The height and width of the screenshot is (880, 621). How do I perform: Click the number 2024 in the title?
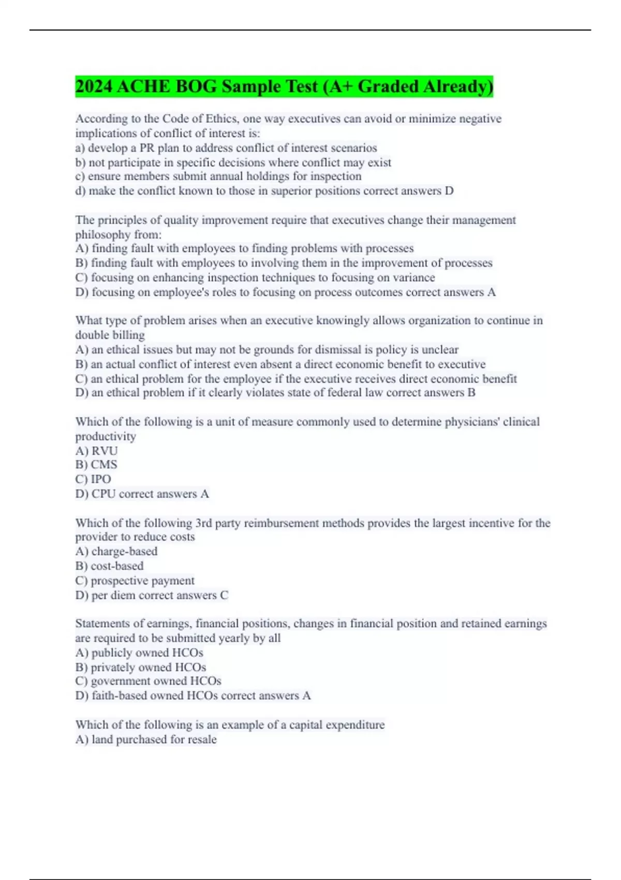[94, 86]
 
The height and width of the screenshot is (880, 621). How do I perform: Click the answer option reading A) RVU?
[97, 451]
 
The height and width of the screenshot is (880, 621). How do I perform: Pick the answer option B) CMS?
[96, 465]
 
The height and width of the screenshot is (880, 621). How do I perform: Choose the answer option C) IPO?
[93, 479]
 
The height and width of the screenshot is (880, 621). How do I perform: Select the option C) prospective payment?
[135, 581]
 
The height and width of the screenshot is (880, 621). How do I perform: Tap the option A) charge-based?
[116, 552]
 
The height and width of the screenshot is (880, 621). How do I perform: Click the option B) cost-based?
[109, 566]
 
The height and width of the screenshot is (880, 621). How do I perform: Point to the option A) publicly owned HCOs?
[139, 653]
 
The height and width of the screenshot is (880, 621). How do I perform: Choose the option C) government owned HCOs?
[149, 681]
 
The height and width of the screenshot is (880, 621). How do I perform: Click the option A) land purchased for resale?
[146, 740]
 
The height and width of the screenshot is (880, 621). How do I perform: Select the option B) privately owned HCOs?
[141, 667]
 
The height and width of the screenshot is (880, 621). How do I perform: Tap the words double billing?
[110, 335]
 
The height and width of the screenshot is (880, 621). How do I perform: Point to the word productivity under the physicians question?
[106, 436]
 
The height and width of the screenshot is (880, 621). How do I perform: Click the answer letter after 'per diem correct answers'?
[224, 595]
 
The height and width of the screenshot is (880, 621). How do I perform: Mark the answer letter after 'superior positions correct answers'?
[449, 191]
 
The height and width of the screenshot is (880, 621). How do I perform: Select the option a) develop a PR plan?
[226, 148]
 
